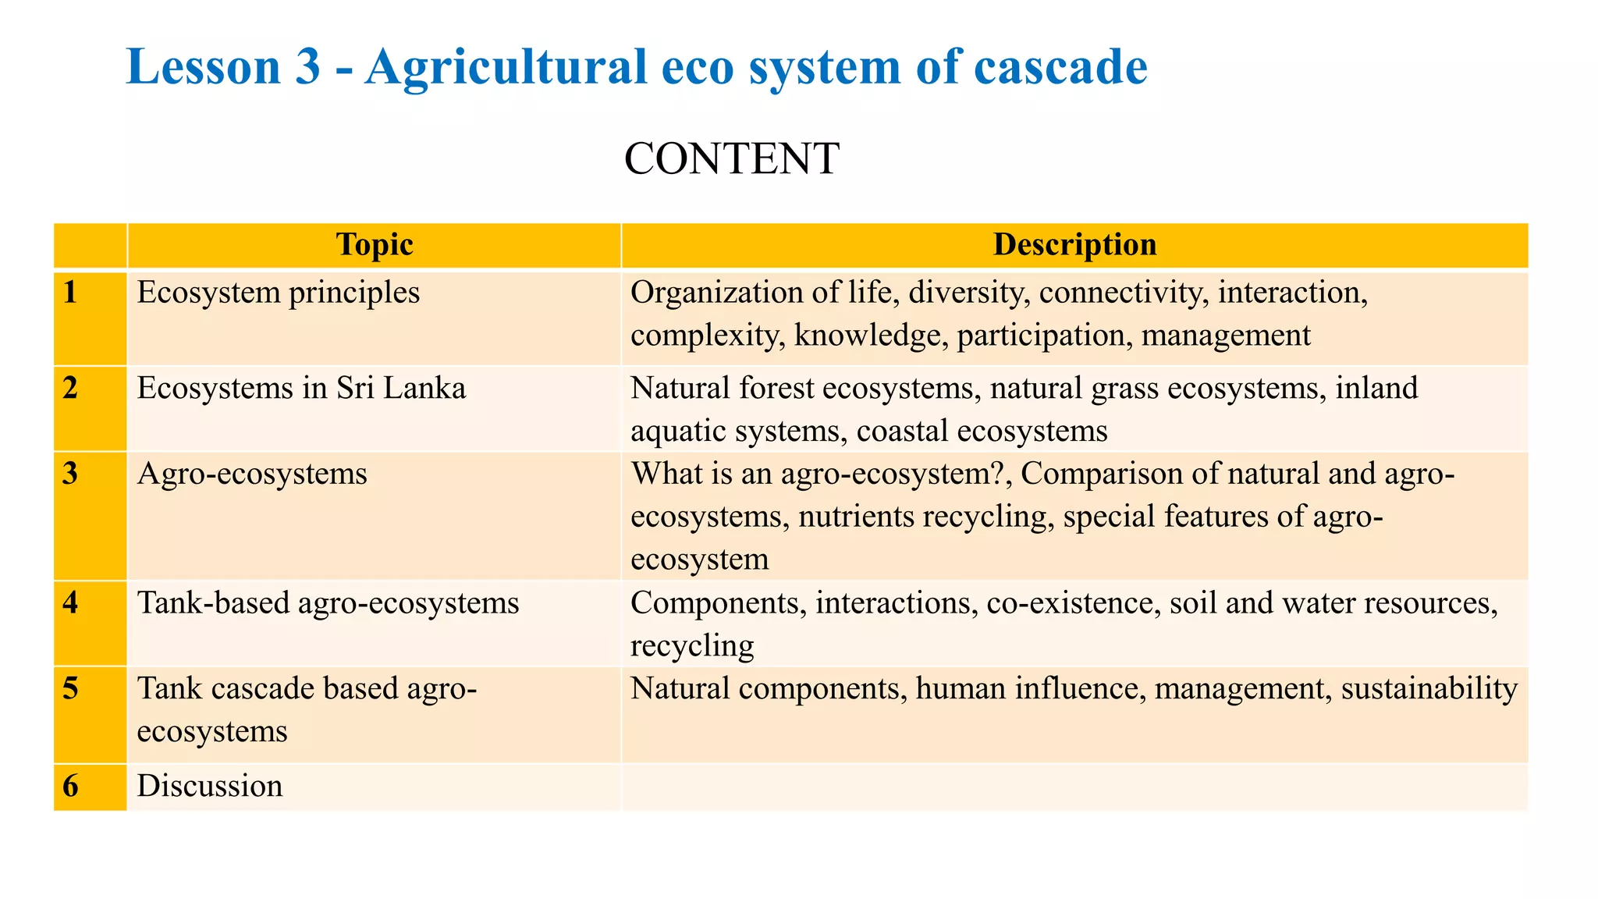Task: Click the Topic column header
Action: (x=374, y=245)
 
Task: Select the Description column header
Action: (x=1074, y=245)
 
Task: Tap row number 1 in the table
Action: (x=71, y=293)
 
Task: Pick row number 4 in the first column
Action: (x=71, y=603)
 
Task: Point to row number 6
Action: (x=71, y=786)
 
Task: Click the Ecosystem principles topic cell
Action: (x=279, y=293)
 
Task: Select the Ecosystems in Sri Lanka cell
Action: (x=301, y=388)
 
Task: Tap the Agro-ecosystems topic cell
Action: (x=252, y=474)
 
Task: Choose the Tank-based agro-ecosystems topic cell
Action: (x=328, y=603)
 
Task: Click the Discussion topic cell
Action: (x=210, y=786)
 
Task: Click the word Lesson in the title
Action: (x=203, y=67)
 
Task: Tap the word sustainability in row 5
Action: (x=1429, y=688)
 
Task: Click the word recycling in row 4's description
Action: (x=692, y=646)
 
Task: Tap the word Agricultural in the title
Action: (x=506, y=67)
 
